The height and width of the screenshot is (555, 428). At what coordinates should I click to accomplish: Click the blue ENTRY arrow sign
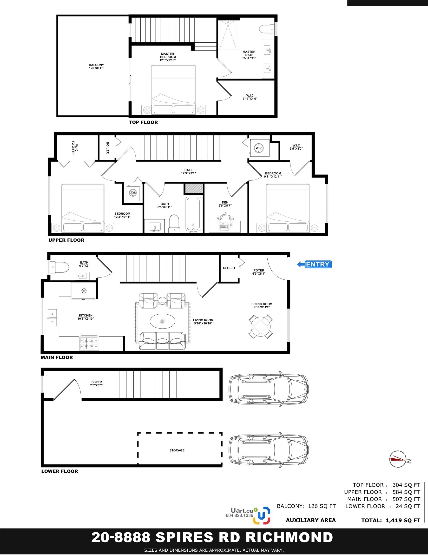315,264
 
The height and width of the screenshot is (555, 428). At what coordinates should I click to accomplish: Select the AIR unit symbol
133,193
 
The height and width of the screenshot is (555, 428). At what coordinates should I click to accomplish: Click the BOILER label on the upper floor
107,148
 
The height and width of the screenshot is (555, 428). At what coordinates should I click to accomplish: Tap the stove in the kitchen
89,343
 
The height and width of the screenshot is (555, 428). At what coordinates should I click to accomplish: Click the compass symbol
398,459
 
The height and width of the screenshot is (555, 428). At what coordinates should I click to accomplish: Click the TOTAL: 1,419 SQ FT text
391,520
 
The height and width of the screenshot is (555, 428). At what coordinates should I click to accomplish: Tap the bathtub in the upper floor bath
193,214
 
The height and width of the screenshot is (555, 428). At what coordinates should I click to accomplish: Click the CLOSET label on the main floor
229,268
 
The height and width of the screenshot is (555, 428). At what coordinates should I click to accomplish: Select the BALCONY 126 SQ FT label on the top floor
96,66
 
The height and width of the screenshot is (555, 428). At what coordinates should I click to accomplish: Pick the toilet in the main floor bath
59,267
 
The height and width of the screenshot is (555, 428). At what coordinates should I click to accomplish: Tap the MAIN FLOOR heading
57,357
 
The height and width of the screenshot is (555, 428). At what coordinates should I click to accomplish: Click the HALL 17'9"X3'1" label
188,172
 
